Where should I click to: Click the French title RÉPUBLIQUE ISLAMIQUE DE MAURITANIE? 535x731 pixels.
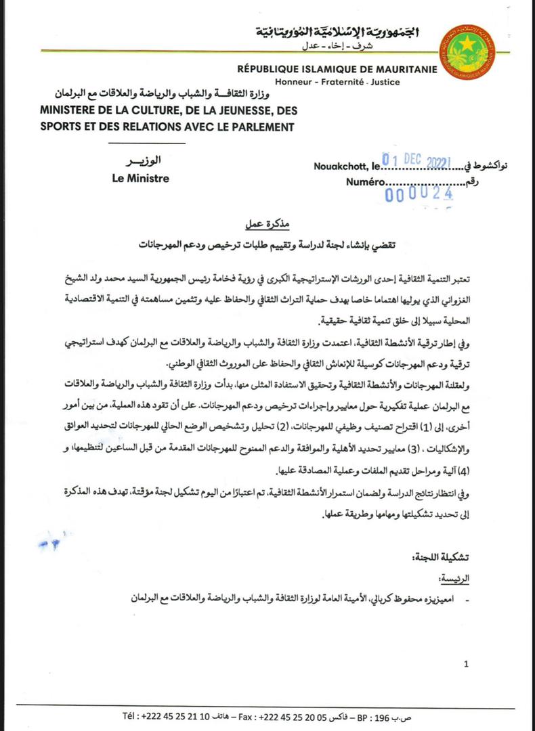click(x=337, y=69)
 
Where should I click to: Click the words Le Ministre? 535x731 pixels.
click(x=140, y=179)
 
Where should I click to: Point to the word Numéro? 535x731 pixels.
click(x=366, y=181)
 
